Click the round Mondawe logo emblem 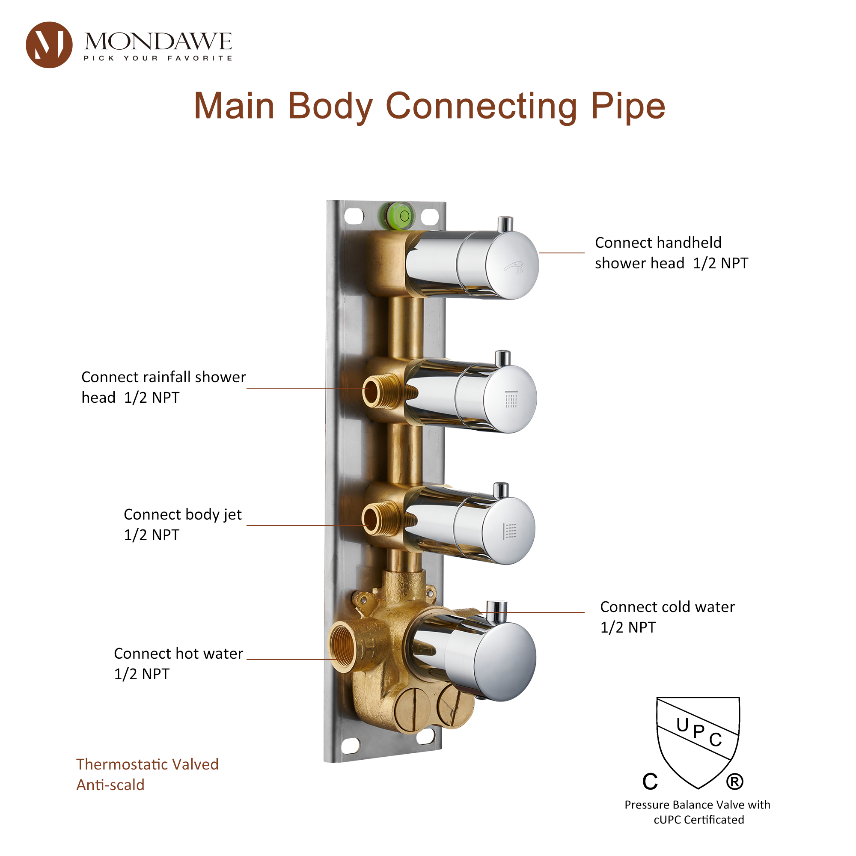pos(49,45)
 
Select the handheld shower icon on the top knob pos(514,267)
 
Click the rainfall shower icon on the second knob pos(511,399)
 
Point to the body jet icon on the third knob pos(509,531)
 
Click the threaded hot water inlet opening pos(343,646)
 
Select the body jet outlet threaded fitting pos(374,519)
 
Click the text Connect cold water pos(667,606)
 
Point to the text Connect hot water pos(178,654)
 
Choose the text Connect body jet pos(183,514)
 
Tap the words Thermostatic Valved pos(147,764)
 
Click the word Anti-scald pos(110,785)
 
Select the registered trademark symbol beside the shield pos(734,781)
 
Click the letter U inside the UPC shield pos(682,725)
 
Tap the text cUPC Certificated pos(699,820)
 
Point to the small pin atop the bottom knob pos(496,612)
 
